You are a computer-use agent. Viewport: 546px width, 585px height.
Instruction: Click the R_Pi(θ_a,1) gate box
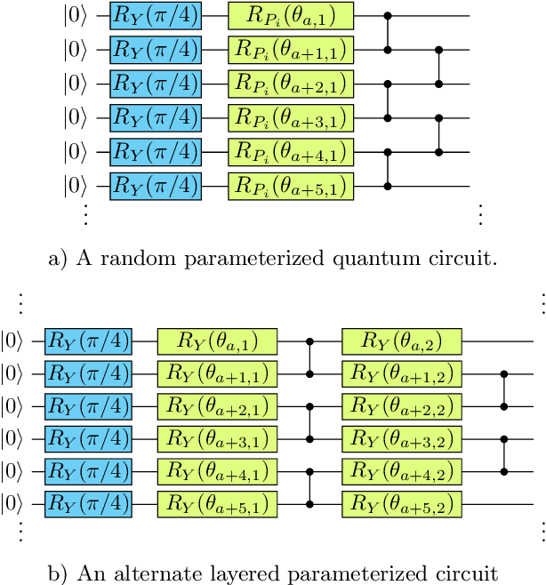[291, 15]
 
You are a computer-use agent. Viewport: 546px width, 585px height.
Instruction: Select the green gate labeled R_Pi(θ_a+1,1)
[291, 49]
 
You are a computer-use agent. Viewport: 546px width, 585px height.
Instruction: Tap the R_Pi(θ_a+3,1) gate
[291, 117]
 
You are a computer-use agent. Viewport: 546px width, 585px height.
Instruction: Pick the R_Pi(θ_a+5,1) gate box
[291, 186]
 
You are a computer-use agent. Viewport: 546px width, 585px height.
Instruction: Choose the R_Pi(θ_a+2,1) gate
[291, 84]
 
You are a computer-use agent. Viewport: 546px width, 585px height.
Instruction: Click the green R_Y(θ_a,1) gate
[218, 341]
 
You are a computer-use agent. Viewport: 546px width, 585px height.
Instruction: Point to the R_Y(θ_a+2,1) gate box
[218, 406]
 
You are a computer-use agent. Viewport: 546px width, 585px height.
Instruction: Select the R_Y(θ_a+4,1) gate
[218, 472]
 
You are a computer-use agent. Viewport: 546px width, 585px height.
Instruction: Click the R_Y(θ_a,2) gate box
[403, 341]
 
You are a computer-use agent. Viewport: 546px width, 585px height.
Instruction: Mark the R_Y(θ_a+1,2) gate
[403, 373]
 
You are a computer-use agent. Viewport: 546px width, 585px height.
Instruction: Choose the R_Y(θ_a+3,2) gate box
[403, 439]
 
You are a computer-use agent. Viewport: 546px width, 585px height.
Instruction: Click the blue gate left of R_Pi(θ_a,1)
[155, 15]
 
